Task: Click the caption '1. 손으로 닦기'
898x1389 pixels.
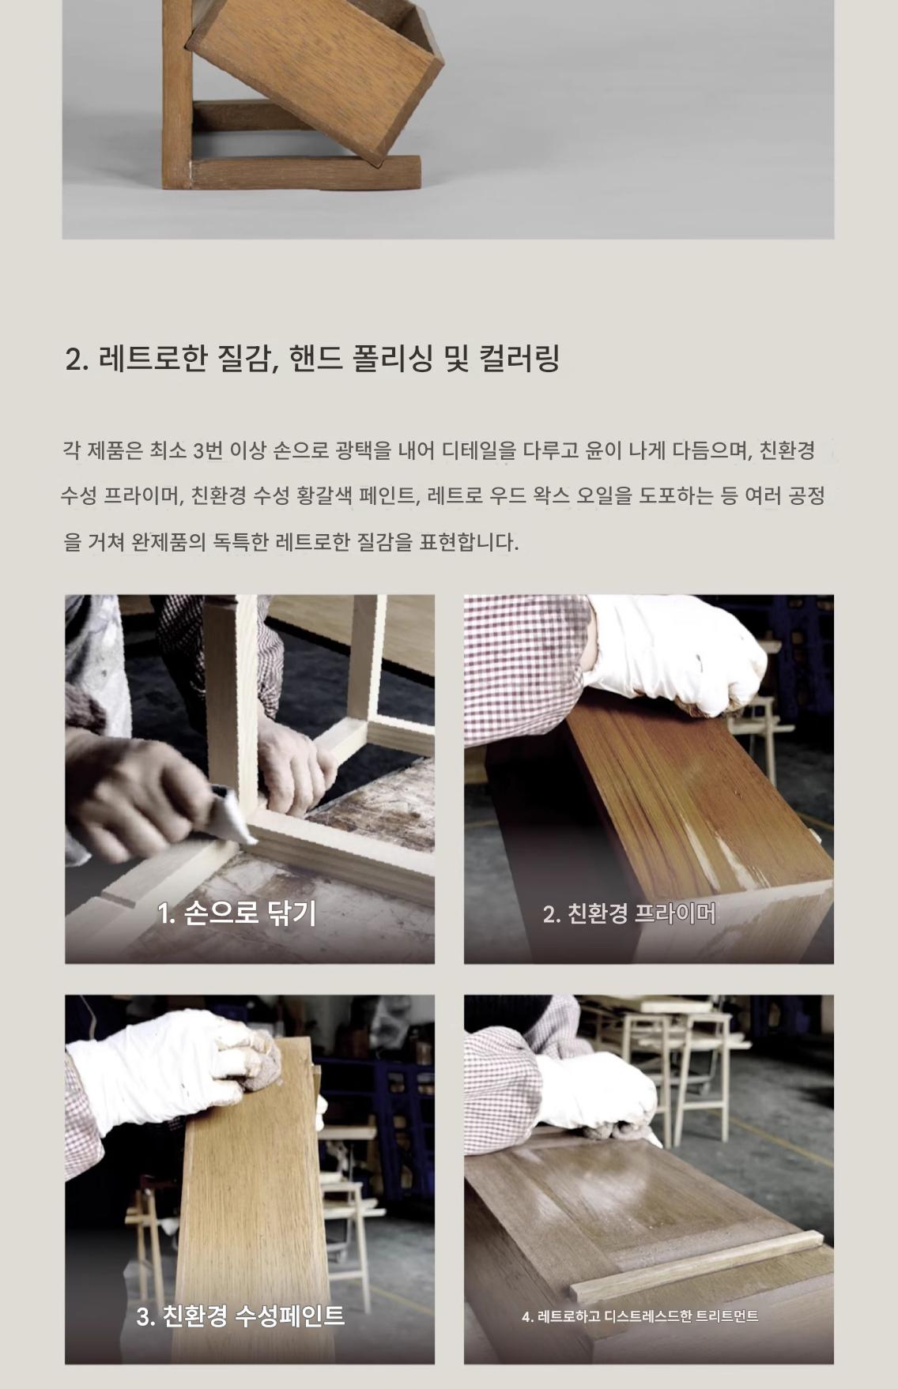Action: pyautogui.click(x=237, y=913)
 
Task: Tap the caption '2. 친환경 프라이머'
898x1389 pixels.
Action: pyautogui.click(x=629, y=913)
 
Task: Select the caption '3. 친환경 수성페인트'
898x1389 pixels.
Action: pyautogui.click(x=240, y=1316)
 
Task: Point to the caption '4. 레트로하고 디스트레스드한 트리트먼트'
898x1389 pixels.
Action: pyautogui.click(x=640, y=1316)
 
